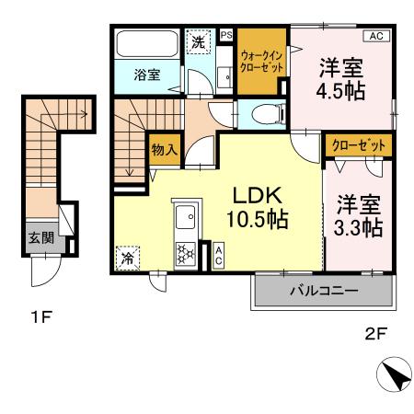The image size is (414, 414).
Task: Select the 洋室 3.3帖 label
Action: click(358, 216)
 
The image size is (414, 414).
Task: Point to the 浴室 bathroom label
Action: click(145, 75)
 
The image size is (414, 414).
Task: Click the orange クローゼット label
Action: click(357, 146)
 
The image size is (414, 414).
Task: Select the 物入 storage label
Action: click(164, 150)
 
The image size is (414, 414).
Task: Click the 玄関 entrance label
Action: click(39, 236)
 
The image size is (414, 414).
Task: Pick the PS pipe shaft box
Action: click(226, 35)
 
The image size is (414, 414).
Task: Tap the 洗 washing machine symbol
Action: click(197, 40)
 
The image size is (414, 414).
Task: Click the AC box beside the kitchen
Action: click(218, 255)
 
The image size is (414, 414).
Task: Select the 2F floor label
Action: click(376, 335)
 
